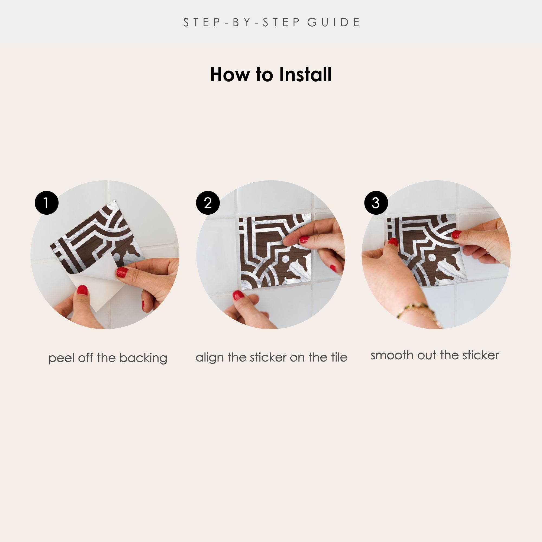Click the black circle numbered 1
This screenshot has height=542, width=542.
point(47,203)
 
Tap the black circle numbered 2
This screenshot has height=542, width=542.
point(208,203)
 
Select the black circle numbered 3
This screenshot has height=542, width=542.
point(376,203)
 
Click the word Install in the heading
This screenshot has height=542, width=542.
point(305,75)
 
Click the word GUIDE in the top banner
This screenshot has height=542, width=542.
point(333,22)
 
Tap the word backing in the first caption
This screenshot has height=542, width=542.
point(143,358)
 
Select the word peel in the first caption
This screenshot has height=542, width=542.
point(61,359)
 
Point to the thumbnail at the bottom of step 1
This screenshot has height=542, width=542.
point(82,290)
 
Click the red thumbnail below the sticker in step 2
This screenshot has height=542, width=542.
point(238,295)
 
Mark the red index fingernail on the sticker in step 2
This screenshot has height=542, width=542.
point(304,239)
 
